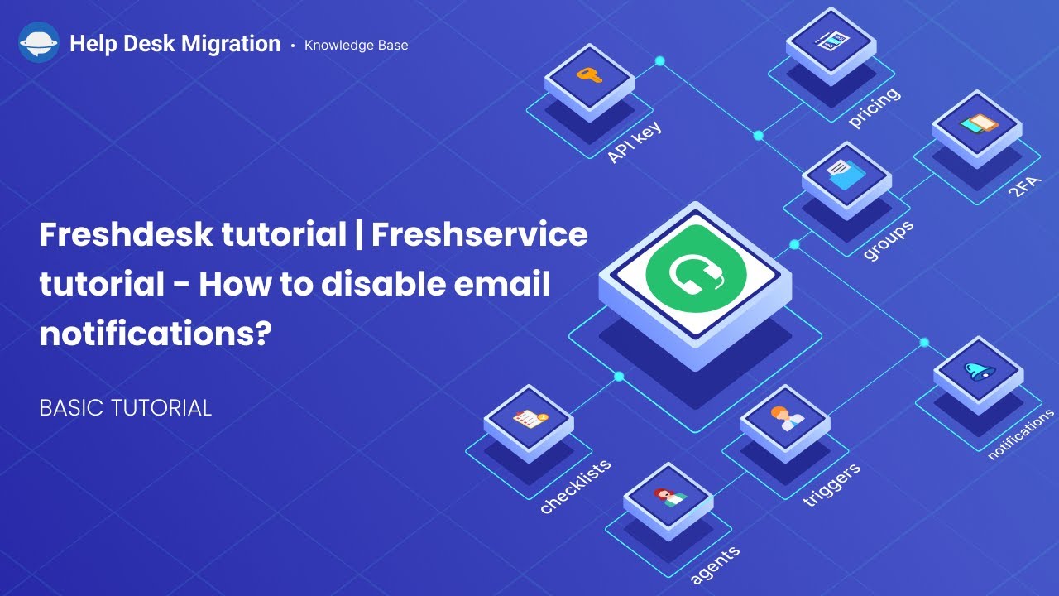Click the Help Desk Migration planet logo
(x=38, y=44)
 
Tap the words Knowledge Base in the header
(x=356, y=45)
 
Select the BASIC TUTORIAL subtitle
(x=125, y=407)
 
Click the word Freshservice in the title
(x=479, y=235)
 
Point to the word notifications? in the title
(x=156, y=334)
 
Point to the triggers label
(x=831, y=483)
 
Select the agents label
(x=715, y=563)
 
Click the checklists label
(x=575, y=486)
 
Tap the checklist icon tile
(x=528, y=419)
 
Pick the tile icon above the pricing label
(x=830, y=40)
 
